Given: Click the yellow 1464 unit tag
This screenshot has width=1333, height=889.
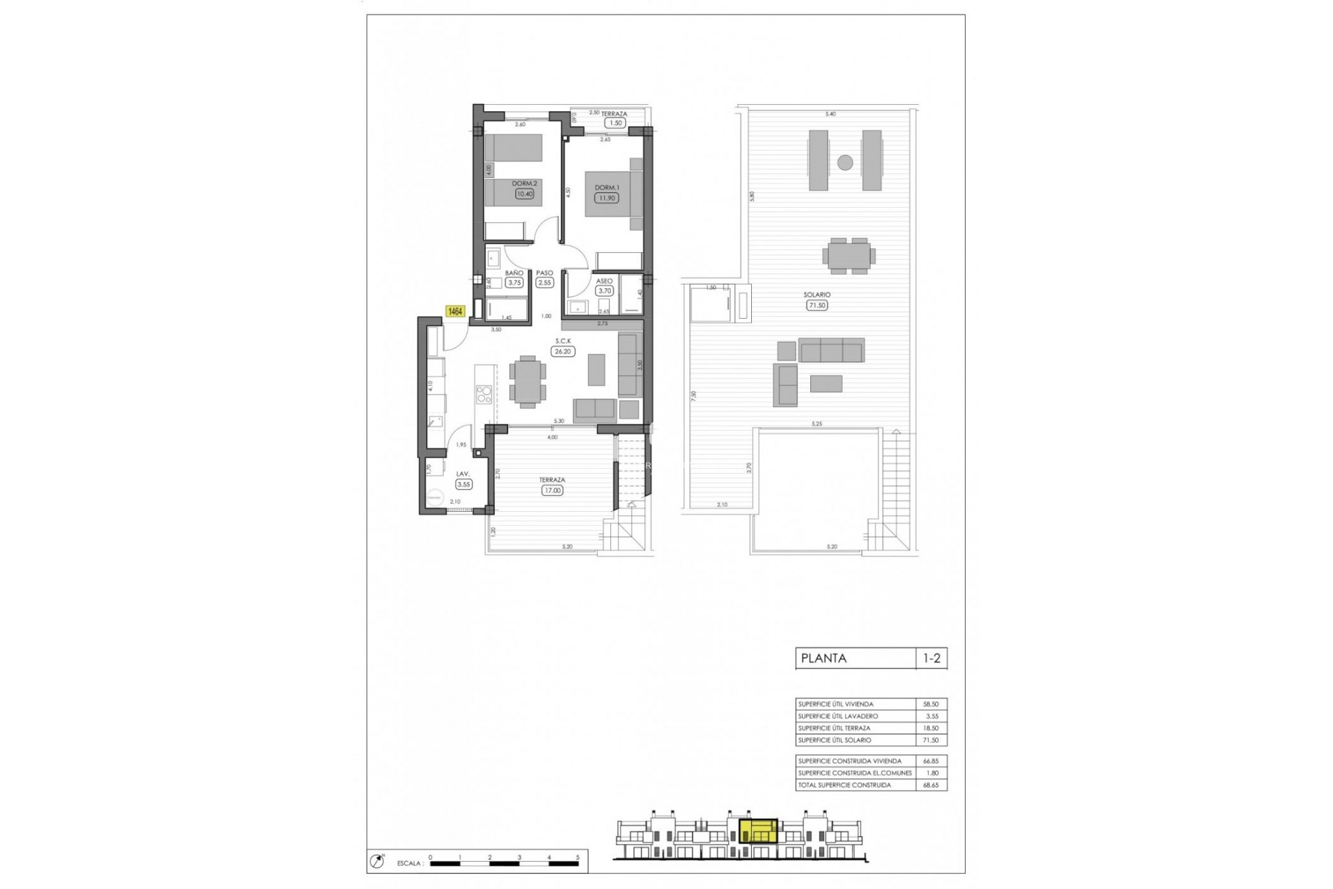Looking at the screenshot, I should click(x=455, y=312).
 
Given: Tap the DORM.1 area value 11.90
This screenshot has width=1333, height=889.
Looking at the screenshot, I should click(x=606, y=198).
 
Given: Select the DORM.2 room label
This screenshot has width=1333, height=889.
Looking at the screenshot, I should click(x=524, y=183).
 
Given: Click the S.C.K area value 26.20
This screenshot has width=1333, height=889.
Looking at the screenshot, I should click(x=562, y=351).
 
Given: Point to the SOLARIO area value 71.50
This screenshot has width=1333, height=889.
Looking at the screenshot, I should click(x=817, y=305).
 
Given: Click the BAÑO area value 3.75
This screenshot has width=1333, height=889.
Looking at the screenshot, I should click(x=514, y=283).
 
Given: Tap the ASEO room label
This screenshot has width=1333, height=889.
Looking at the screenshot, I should click(x=604, y=281).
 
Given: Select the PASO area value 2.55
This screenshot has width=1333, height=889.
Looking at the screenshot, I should click(x=544, y=283).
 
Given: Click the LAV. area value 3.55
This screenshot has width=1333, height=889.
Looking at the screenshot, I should click(x=463, y=484).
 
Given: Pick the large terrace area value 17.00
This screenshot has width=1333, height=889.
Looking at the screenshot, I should click(x=553, y=490).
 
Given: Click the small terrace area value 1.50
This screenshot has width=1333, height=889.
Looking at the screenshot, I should click(x=614, y=123).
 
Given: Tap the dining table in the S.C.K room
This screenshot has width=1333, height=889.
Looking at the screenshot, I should click(x=527, y=381).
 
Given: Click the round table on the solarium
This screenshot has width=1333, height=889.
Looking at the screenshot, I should click(x=845, y=163).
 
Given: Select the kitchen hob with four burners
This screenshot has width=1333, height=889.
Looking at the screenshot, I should click(x=483, y=394).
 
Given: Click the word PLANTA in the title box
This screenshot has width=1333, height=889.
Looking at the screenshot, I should click(x=824, y=658).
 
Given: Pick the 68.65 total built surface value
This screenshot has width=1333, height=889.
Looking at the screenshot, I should click(x=930, y=785).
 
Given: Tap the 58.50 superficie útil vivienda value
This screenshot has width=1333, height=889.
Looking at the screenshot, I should click(x=930, y=704).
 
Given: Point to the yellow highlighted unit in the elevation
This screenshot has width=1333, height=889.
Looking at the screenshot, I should click(x=758, y=831).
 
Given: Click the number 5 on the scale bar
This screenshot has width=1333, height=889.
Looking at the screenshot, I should click(x=578, y=857).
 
